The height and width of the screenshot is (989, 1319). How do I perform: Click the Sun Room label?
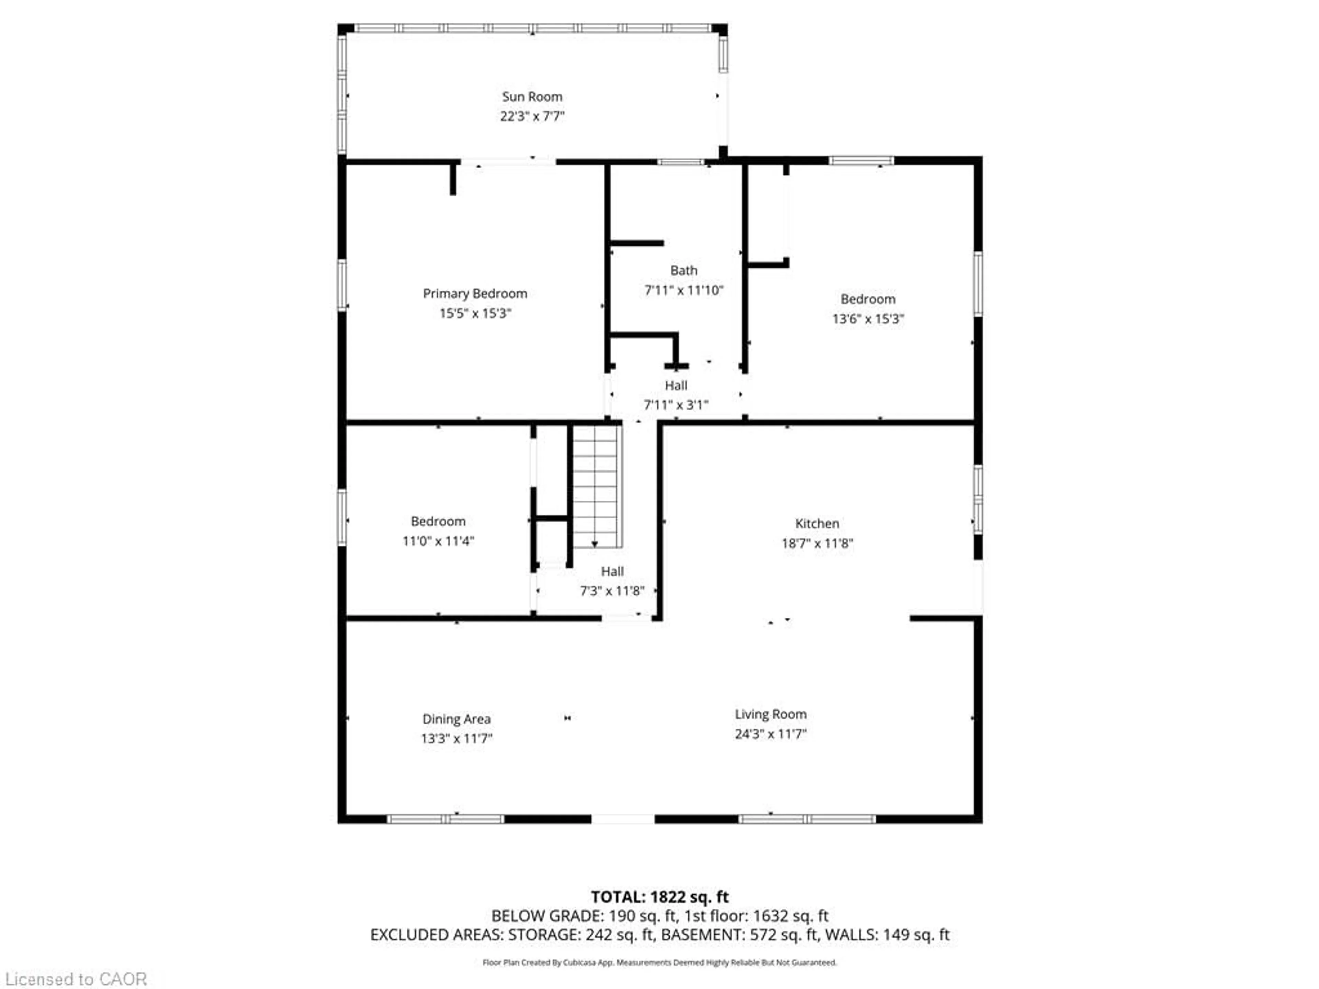click(x=532, y=96)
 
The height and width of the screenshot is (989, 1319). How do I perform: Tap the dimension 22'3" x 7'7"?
click(x=532, y=116)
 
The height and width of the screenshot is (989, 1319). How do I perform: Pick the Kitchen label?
click(x=817, y=523)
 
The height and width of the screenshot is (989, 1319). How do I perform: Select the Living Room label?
click(x=770, y=714)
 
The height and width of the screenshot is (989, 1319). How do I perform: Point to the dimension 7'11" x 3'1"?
click(x=676, y=405)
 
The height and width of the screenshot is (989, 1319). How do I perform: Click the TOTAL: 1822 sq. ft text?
click(x=659, y=897)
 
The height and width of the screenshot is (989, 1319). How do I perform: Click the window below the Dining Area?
click(x=446, y=819)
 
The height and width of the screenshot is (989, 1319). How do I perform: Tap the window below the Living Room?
click(x=807, y=819)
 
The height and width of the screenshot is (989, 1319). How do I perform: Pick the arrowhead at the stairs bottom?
click(x=595, y=544)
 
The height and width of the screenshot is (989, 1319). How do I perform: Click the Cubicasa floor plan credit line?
click(x=659, y=962)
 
